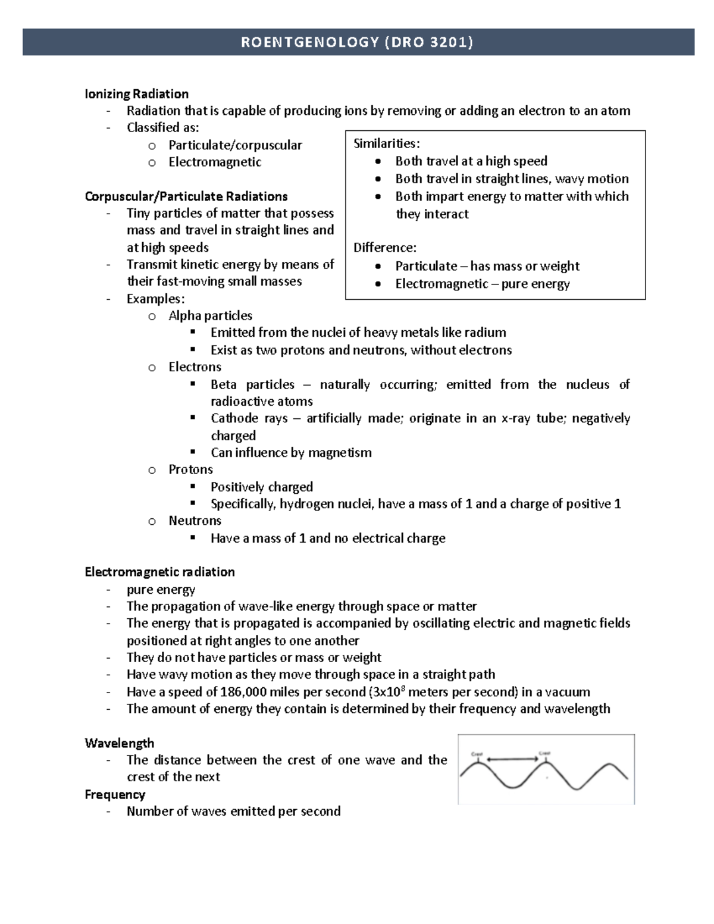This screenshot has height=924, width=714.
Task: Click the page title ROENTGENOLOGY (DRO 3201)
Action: [357, 42]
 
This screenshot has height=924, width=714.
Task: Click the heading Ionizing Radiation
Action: [136, 93]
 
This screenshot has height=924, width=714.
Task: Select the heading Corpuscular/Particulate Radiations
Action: [186, 196]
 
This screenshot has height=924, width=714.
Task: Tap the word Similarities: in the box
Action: [387, 143]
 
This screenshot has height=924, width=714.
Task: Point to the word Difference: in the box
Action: [385, 248]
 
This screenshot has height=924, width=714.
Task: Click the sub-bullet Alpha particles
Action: [210, 315]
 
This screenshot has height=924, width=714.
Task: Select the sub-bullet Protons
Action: [190, 469]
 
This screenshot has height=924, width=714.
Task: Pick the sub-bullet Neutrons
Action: [195, 521]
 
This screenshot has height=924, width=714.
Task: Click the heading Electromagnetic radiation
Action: [159, 572]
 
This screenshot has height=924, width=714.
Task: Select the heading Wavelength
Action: [119, 743]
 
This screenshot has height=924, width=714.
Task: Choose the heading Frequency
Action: [115, 794]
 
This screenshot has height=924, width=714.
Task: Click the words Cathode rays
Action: [249, 418]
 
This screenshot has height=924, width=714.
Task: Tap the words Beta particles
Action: [252, 384]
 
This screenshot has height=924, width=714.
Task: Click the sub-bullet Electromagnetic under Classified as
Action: [215, 162]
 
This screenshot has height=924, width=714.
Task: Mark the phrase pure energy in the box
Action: [535, 284]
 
